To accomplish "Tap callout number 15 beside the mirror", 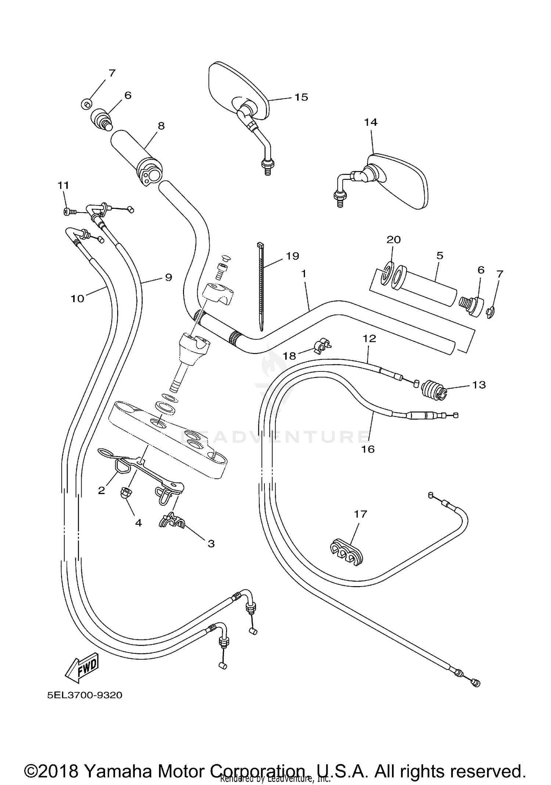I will click(301, 97).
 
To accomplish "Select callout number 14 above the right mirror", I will click(371, 122).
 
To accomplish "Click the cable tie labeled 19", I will click(262, 283).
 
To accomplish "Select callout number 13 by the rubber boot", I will click(479, 385).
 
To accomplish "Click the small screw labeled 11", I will click(68, 211).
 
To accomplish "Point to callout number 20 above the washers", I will click(393, 240).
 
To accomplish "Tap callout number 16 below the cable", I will click(368, 449).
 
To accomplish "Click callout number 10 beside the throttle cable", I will click(78, 299).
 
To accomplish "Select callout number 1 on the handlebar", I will click(303, 274).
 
